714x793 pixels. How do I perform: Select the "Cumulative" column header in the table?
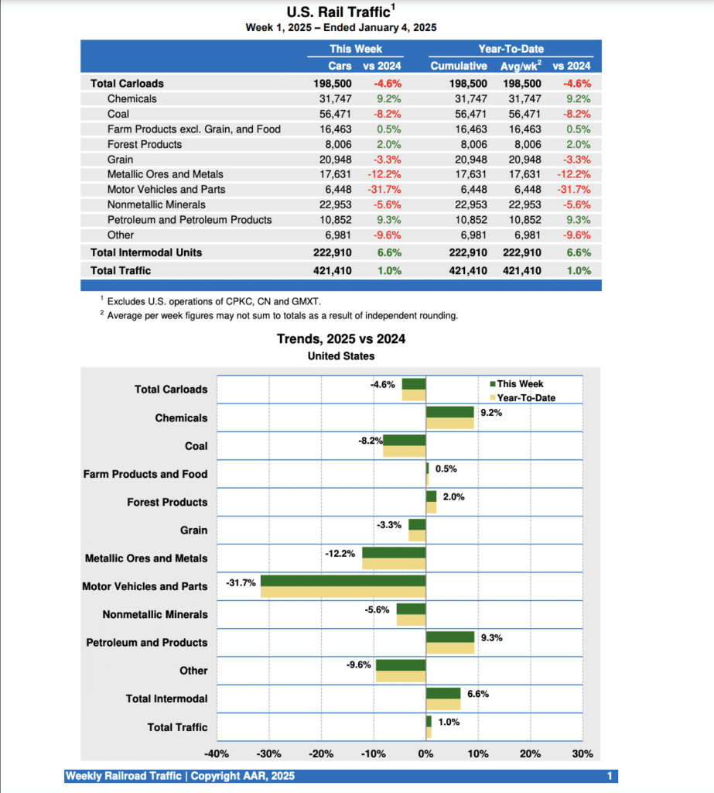459,66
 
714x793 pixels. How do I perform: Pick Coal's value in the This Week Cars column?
334,114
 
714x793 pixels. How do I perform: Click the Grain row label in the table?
121,160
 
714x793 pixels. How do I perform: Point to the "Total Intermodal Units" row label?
146,252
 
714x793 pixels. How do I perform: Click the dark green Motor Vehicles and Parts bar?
343,581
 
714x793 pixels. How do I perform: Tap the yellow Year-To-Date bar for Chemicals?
449,424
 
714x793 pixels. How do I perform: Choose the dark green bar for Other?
401,665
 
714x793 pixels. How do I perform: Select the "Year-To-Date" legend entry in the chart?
525,398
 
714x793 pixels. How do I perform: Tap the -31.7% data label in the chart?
241,582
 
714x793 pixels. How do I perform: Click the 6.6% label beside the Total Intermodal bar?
478,694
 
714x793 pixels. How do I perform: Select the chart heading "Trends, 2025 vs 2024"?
341,339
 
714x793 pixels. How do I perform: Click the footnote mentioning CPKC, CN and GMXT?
213,301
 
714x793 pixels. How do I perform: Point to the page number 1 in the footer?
610,776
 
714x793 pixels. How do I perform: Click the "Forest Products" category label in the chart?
167,503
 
